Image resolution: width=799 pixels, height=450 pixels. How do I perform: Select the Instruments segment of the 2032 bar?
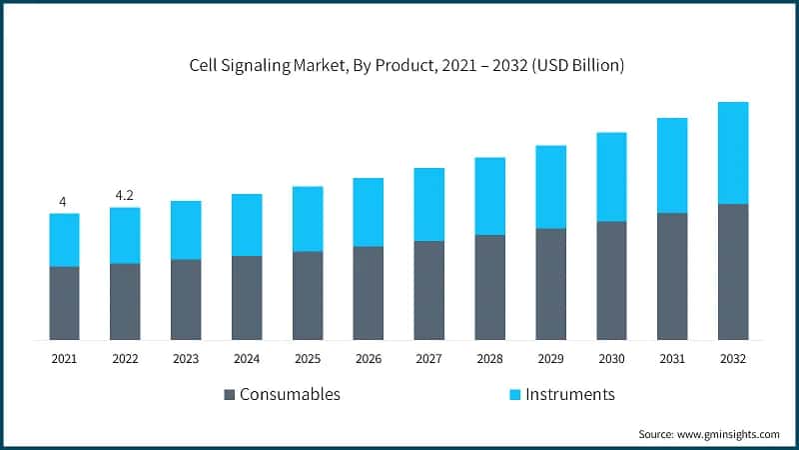point(733,153)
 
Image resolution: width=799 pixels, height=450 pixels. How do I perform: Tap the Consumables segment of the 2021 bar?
point(64,303)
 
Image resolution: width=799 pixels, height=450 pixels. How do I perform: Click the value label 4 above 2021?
point(63,202)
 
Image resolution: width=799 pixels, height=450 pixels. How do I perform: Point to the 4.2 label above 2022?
point(125,196)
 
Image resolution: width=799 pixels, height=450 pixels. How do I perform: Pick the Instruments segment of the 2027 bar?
point(429,204)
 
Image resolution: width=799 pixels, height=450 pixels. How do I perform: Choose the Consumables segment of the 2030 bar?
point(611,280)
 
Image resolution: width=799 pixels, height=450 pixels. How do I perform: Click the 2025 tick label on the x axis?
point(308,357)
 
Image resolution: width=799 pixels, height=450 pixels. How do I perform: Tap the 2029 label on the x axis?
point(550,357)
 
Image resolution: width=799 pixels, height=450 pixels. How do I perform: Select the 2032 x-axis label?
point(733,357)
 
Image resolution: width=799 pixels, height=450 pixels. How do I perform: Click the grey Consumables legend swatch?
point(229,394)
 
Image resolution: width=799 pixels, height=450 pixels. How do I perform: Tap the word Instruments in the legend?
point(564,394)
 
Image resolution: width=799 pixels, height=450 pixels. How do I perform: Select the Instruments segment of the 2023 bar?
point(186,230)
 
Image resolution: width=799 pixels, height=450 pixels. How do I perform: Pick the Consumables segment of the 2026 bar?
point(369,293)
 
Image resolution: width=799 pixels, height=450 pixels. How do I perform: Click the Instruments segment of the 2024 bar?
point(247,225)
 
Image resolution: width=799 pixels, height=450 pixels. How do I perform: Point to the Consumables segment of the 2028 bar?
point(489,287)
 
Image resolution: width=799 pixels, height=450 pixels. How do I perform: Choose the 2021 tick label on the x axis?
point(64,357)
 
